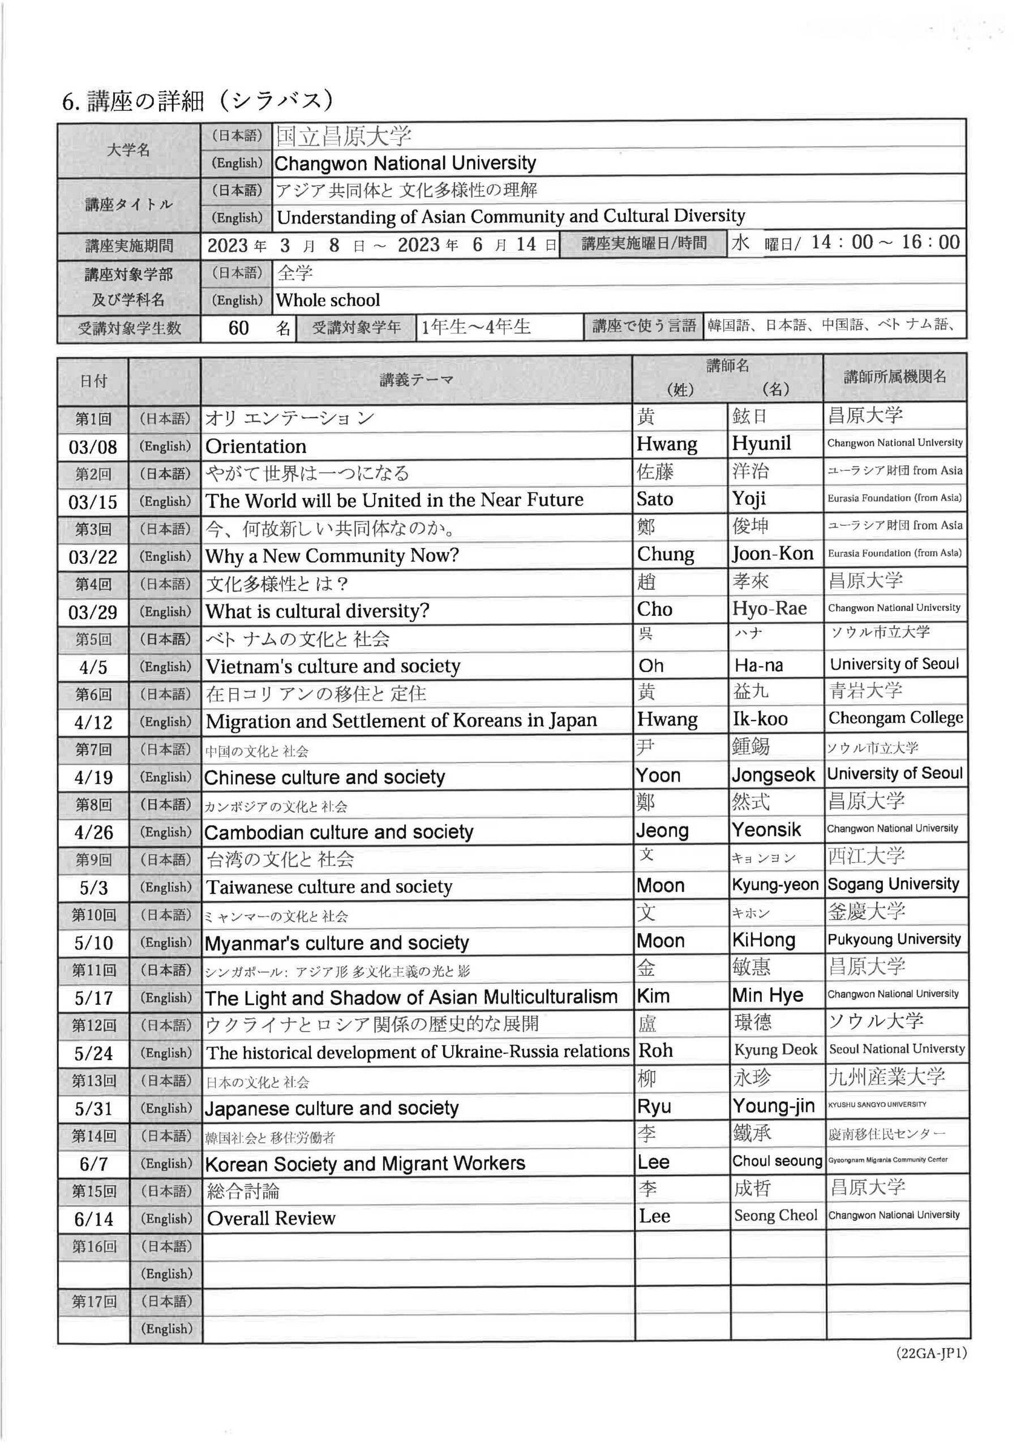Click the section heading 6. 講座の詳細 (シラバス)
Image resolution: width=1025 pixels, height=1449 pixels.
click(x=197, y=101)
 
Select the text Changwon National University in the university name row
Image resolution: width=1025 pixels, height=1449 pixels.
click(x=405, y=164)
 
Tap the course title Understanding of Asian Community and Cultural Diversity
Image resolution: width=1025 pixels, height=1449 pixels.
click(x=511, y=216)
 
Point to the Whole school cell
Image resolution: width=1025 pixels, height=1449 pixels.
click(x=328, y=301)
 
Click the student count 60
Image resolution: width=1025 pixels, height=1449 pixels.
click(x=239, y=328)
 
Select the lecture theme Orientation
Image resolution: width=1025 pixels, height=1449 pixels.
click(x=256, y=447)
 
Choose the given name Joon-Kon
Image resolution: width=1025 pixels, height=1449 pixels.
click(x=773, y=554)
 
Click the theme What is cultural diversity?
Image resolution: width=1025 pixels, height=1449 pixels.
click(x=318, y=611)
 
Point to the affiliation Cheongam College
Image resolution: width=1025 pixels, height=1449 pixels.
click(x=895, y=718)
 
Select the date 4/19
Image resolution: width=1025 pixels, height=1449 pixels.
click(x=93, y=778)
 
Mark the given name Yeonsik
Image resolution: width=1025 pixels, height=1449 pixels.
click(x=766, y=830)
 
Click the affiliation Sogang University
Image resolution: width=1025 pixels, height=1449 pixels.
click(x=893, y=885)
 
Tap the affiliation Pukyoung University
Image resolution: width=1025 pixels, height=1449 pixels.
click(x=894, y=940)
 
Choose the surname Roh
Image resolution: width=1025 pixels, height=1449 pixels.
click(x=656, y=1051)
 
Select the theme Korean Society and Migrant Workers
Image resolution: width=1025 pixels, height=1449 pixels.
click(x=365, y=1164)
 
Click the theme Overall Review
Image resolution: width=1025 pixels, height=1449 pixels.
click(x=272, y=1219)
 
